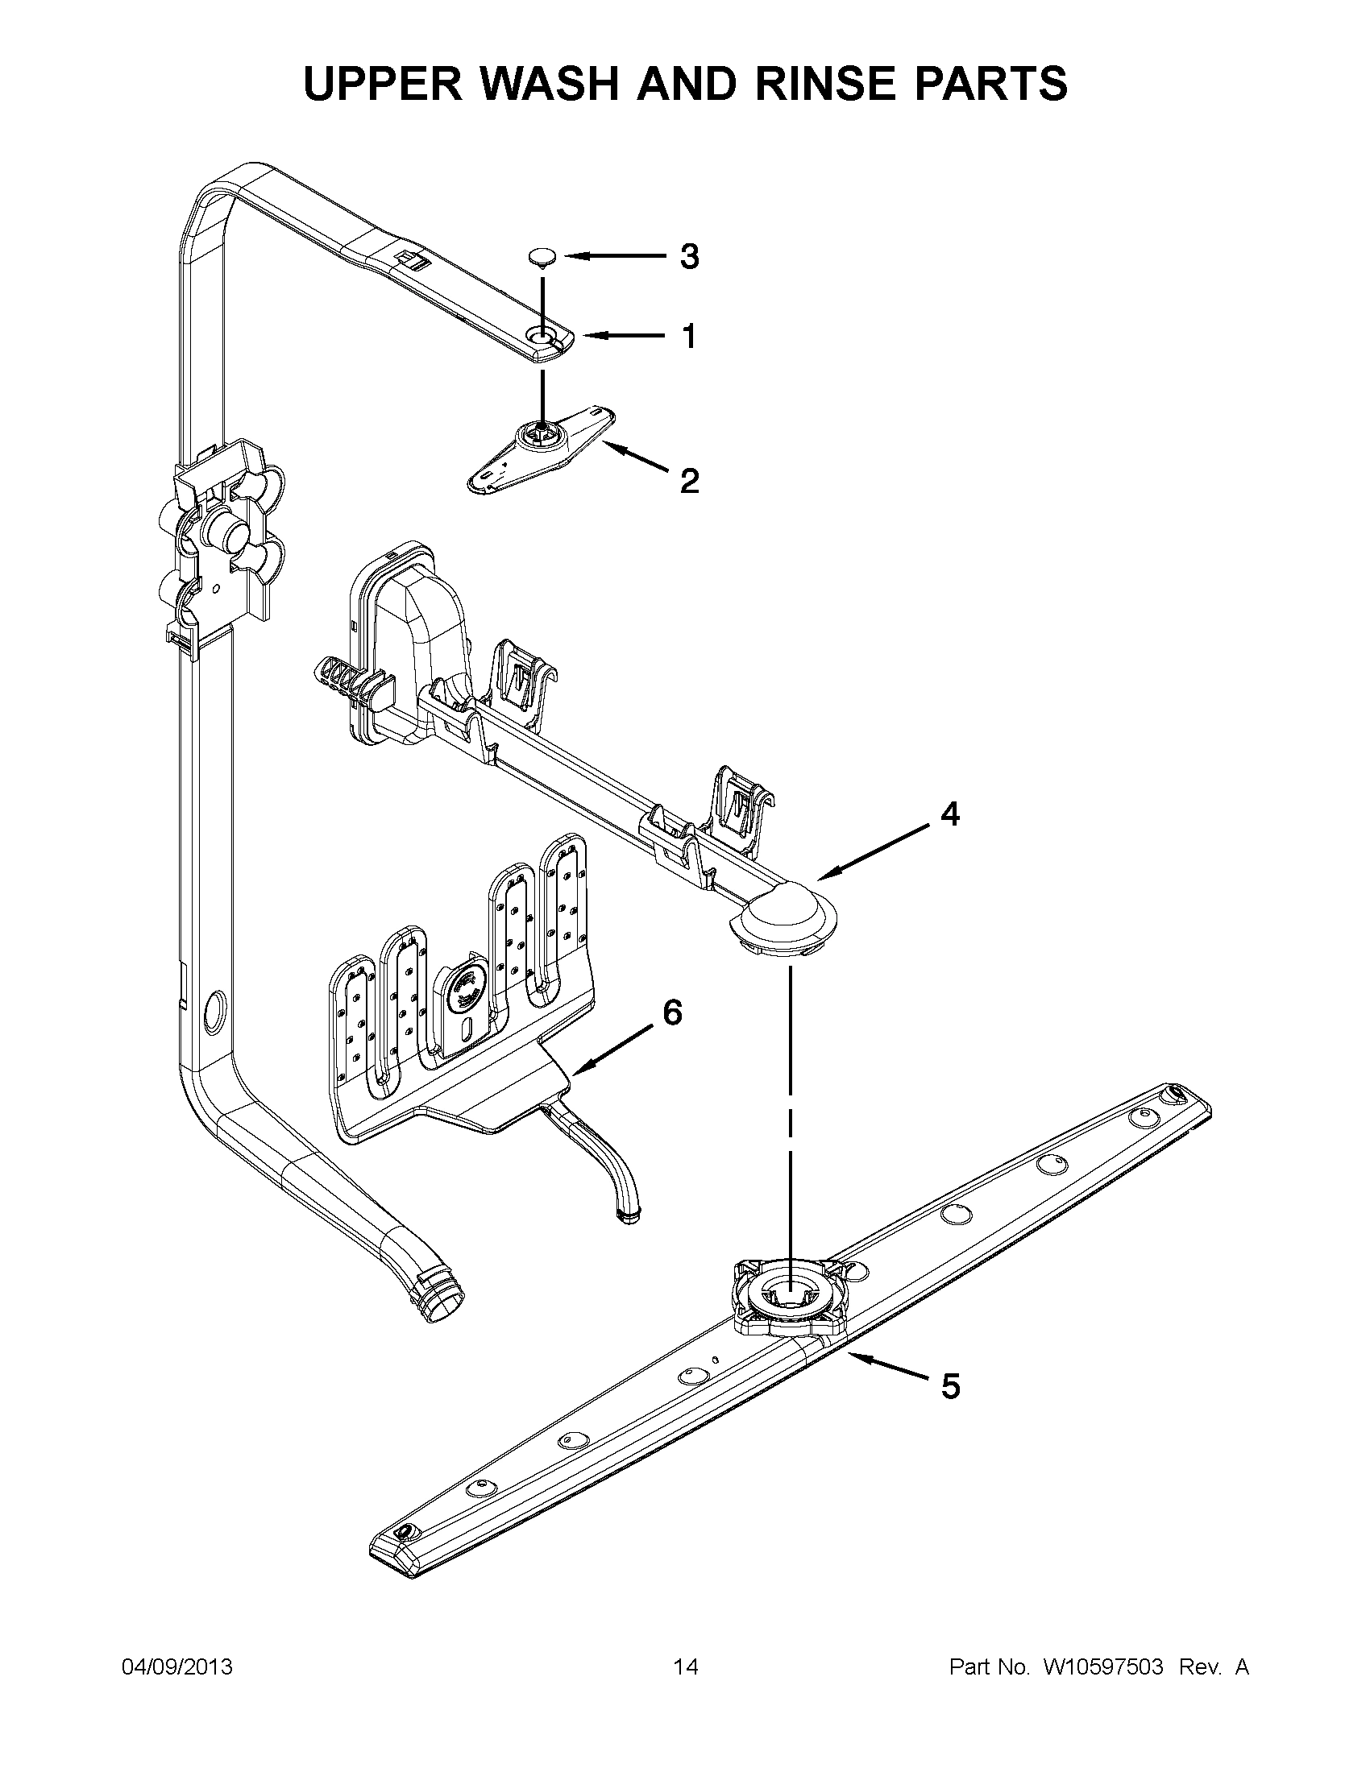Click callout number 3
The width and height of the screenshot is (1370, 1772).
(x=688, y=257)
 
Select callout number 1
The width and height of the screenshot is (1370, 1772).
(x=689, y=336)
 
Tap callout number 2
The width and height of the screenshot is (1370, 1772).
(x=688, y=482)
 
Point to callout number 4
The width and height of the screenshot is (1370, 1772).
(x=949, y=814)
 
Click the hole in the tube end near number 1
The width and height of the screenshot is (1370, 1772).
(x=541, y=335)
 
